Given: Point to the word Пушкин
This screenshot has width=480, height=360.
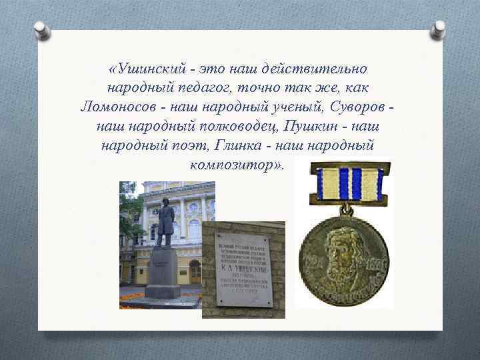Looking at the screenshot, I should pyautogui.click(x=311, y=126).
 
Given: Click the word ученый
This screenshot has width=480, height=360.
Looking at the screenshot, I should pyautogui.click(x=309, y=107).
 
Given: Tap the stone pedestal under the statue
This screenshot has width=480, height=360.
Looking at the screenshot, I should pyautogui.click(x=162, y=273).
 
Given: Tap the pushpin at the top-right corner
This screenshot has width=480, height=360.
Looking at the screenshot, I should pyautogui.click(x=439, y=27).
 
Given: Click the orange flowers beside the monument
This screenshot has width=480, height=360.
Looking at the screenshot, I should pyautogui.click(x=132, y=294).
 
